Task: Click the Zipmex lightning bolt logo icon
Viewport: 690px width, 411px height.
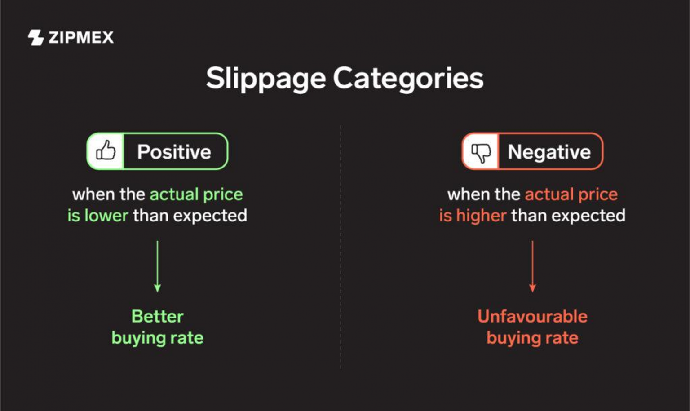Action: coord(35,37)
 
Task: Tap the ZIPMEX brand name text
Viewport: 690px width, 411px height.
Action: coord(81,37)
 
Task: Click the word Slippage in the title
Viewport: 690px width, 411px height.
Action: coord(265,79)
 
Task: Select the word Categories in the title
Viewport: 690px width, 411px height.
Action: coord(408,79)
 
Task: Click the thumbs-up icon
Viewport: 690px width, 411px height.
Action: coord(106,151)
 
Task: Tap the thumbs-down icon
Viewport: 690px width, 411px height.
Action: coord(481,152)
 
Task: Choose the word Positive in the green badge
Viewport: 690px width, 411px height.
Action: coord(174,152)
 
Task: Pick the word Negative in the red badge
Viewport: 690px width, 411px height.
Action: coord(549,152)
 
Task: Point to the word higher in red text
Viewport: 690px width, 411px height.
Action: coord(481,216)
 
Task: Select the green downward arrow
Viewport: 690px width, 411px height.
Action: coord(157,266)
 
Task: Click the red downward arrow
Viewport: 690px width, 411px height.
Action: coord(532,266)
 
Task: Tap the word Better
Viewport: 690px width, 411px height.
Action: coord(157,316)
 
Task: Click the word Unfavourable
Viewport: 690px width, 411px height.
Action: coord(532,316)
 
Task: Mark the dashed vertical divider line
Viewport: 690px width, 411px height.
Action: coord(341,247)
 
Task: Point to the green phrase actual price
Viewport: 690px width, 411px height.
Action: coord(196,194)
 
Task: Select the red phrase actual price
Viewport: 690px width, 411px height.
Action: coord(571,194)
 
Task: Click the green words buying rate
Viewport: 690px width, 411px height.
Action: coord(157,338)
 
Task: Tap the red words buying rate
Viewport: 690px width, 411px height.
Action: coord(532,338)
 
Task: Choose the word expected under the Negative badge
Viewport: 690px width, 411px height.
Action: coord(588,216)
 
